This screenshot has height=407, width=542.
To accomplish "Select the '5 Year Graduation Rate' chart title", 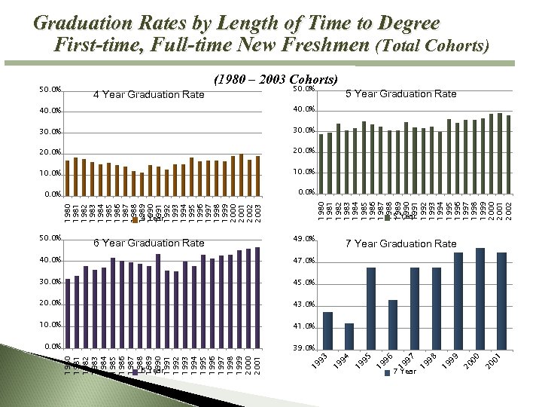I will tap(400, 93).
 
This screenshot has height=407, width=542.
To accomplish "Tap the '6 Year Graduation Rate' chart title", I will tap(149, 243).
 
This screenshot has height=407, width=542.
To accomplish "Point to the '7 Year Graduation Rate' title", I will tap(400, 243).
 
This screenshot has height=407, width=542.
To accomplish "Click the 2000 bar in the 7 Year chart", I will tap(480, 298).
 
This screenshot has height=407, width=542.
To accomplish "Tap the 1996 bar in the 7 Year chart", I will tap(392, 323).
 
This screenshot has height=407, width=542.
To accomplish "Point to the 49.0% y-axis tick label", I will tap(303, 240).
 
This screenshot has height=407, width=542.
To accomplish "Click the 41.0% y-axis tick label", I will tap(303, 326).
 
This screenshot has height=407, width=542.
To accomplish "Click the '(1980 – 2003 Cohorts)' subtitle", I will tap(276, 79).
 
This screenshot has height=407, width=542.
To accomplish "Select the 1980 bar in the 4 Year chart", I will tap(67, 177).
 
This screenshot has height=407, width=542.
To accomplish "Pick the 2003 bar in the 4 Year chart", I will tap(258, 175).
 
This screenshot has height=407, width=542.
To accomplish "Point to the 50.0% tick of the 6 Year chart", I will tap(50, 238).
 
